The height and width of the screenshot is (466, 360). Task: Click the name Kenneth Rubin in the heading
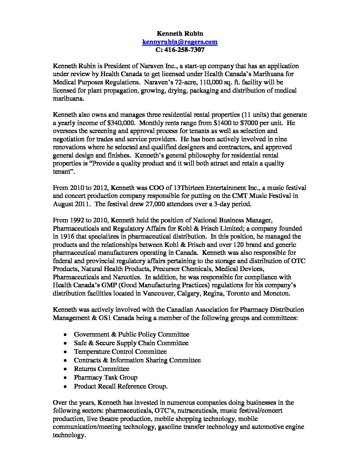point(180,33)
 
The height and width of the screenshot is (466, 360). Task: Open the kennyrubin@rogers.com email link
point(180,42)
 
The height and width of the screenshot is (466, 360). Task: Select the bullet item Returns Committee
point(102,369)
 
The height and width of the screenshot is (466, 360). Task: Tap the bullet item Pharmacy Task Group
point(106,377)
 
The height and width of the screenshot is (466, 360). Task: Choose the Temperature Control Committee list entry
point(120,351)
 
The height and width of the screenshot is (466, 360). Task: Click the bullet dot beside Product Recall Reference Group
point(67,386)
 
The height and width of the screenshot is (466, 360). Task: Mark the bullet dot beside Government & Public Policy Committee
point(67,335)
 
